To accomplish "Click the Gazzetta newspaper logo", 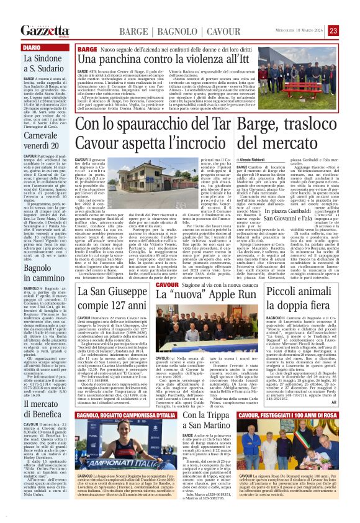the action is click(43, 30).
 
